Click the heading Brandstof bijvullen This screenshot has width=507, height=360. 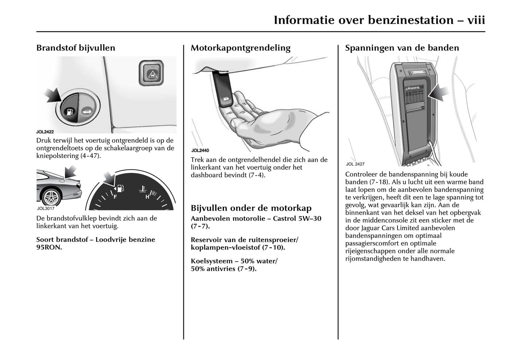click(x=75, y=48)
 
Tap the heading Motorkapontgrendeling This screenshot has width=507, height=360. click(x=240, y=48)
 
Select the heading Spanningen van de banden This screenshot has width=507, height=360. click(x=402, y=48)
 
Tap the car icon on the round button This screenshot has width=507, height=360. click(x=86, y=112)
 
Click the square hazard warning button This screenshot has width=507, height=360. click(x=151, y=73)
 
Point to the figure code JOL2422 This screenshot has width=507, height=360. click(x=45, y=132)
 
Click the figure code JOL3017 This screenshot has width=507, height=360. click(x=45, y=208)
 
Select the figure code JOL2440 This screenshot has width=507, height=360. click(x=200, y=151)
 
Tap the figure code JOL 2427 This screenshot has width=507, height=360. click(x=355, y=164)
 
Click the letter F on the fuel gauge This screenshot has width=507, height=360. click(x=115, y=197)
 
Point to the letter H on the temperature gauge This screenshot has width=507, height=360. click(x=147, y=197)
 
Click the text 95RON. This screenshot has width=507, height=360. click(x=49, y=247)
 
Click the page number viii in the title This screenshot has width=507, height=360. click(x=476, y=20)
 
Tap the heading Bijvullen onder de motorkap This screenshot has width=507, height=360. click(x=251, y=208)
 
